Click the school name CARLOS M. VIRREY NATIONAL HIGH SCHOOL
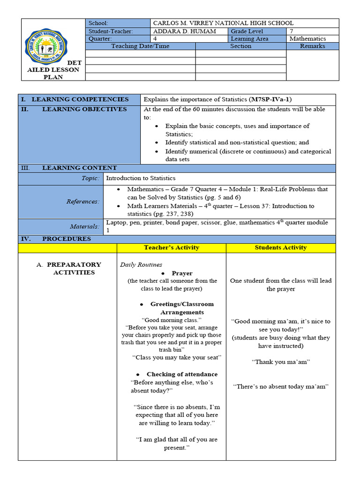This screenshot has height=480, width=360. [x=223, y=23]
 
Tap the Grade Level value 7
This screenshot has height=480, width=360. [x=292, y=31]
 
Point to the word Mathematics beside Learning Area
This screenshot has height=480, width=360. [x=307, y=38]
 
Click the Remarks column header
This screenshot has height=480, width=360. [x=312, y=46]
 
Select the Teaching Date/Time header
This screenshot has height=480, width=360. [x=140, y=46]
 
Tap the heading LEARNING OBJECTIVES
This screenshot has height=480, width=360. [x=84, y=109]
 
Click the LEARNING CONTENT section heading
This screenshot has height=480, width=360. [x=79, y=168]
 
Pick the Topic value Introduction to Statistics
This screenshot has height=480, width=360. [x=141, y=178]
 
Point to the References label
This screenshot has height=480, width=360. [x=82, y=202]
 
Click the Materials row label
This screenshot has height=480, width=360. [x=85, y=226]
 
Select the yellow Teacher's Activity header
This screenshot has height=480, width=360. [x=172, y=247]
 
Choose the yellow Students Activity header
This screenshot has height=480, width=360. [x=281, y=247]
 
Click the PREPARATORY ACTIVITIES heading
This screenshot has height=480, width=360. [x=74, y=269]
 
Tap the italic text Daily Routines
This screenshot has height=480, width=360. [x=141, y=265]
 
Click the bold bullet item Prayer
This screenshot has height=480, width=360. [x=182, y=273]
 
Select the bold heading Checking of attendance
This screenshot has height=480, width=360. [x=182, y=374]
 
